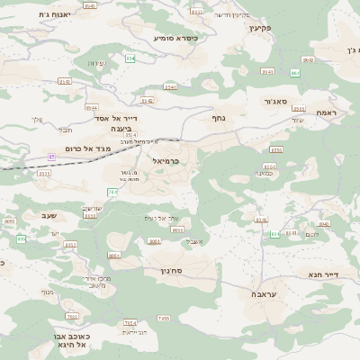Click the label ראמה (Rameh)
[325, 112]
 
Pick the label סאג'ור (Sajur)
[274, 102]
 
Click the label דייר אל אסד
[116, 117]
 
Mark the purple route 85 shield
[51, 157]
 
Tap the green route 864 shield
[294, 72]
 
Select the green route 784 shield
[112, 192]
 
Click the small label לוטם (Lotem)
[311, 235]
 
